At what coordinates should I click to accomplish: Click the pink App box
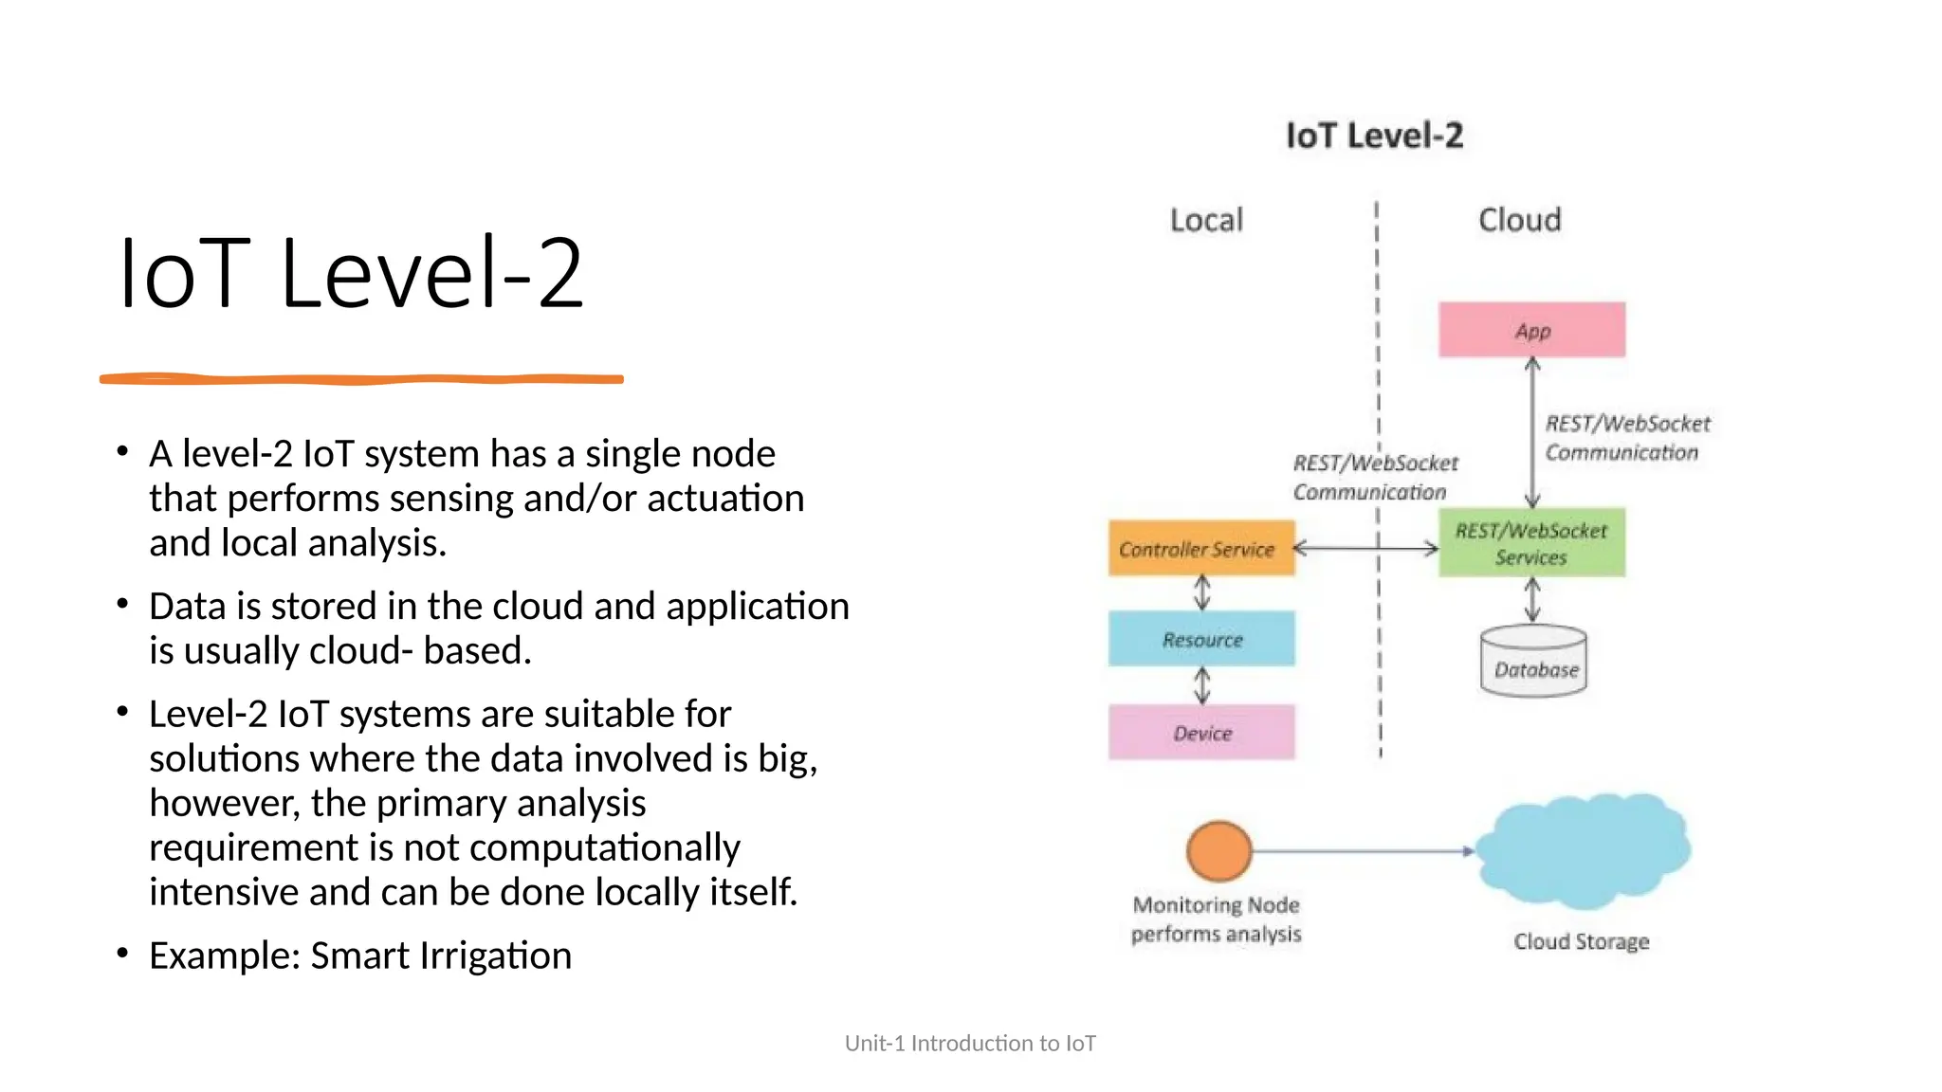[x=1531, y=330]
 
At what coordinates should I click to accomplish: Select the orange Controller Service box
[x=1201, y=548]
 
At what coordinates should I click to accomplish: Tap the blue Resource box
[x=1201, y=639]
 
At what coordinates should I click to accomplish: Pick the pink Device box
[x=1201, y=732]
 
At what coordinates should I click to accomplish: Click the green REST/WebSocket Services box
[x=1531, y=543]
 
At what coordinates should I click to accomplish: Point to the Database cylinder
[x=1533, y=664]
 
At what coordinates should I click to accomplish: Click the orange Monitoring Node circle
[x=1218, y=850]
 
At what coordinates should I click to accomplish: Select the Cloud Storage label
[x=1581, y=941]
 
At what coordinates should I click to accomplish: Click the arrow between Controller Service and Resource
[x=1202, y=593]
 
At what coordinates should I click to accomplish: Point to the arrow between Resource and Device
[x=1202, y=685]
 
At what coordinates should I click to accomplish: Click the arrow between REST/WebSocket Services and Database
[x=1532, y=600]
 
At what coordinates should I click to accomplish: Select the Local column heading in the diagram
[x=1206, y=220]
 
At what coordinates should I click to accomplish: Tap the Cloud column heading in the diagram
[x=1519, y=220]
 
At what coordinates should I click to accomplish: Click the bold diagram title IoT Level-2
[x=1374, y=136]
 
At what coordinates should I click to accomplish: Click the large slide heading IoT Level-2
[x=351, y=274]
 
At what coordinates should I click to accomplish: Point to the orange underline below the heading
[x=361, y=379]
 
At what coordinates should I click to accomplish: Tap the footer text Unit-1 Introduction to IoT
[x=970, y=1043]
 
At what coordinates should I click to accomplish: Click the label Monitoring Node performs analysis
[x=1216, y=919]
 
